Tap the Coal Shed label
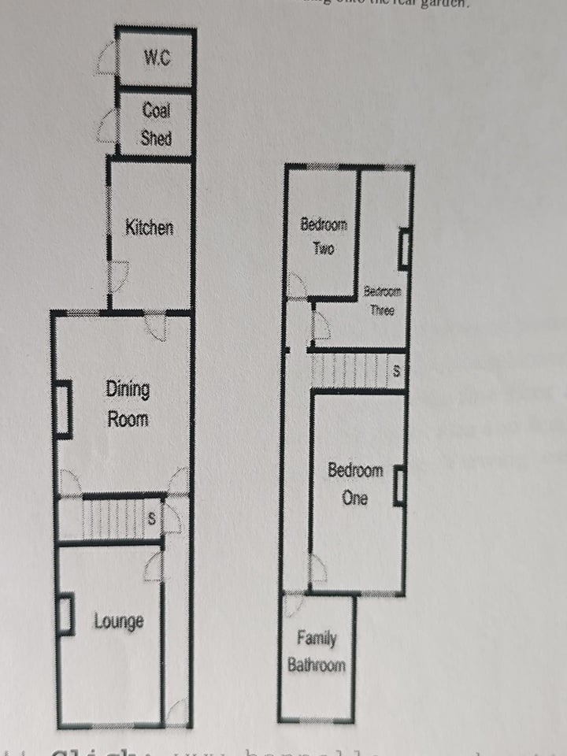click(x=156, y=124)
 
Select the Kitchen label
click(x=150, y=228)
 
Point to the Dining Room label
click(x=128, y=403)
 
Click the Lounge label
click(x=119, y=621)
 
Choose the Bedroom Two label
click(x=324, y=236)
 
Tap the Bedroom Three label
click(x=382, y=301)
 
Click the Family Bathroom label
click(x=316, y=652)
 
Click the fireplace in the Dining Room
click(x=64, y=409)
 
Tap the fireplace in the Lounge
click(x=66, y=614)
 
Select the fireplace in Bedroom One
click(x=399, y=485)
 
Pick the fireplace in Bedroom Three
click(x=404, y=250)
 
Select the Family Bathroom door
click(x=293, y=605)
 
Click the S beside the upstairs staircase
click(x=396, y=370)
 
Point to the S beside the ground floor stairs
click(x=151, y=519)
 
